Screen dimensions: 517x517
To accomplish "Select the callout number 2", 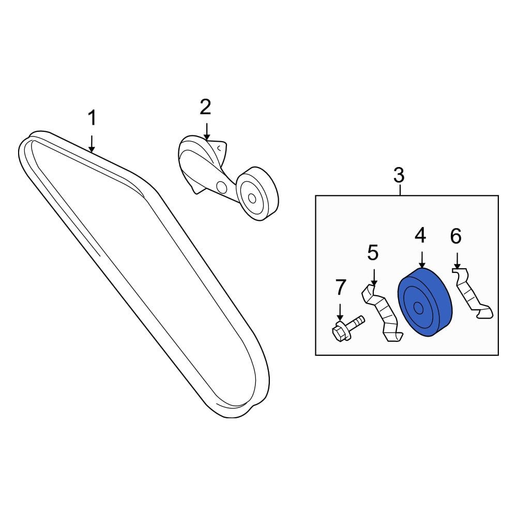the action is tap(205, 107).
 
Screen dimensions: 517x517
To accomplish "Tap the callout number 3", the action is tap(399, 175).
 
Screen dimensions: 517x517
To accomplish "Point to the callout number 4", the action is tap(420, 236).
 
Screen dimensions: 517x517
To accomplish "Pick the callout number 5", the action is tap(373, 253).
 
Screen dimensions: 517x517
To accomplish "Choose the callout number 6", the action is tap(455, 236).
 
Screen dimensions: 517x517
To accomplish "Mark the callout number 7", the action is tap(341, 287).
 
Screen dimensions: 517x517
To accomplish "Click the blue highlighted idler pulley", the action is tap(425, 302).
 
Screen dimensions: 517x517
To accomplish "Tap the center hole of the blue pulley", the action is tap(418, 308).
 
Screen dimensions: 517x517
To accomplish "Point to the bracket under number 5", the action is tap(382, 313).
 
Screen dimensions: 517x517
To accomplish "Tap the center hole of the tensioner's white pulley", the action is tap(252, 198).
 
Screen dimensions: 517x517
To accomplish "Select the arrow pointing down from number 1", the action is tap(92, 144).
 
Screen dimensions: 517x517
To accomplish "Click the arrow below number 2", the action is tap(207, 131).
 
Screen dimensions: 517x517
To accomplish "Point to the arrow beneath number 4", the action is tap(422, 260).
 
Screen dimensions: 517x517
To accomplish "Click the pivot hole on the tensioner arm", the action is tap(221, 187).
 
